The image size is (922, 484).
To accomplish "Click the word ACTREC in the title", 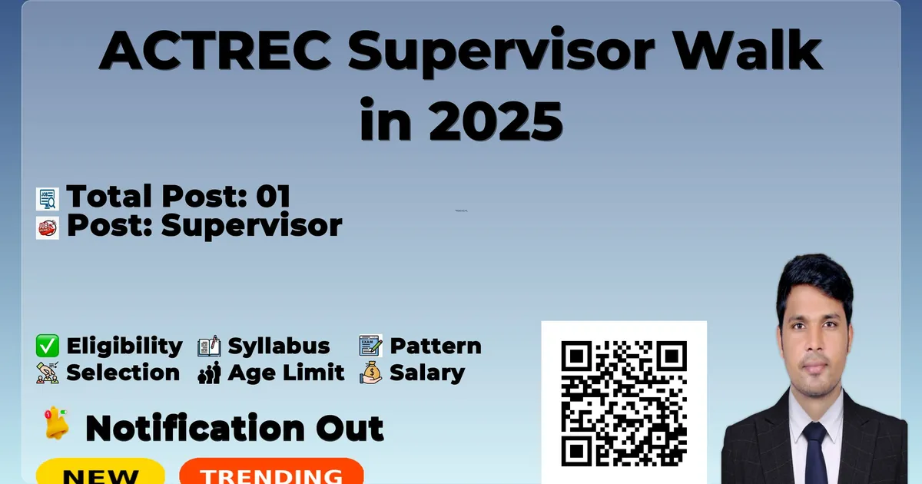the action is pos(215,50).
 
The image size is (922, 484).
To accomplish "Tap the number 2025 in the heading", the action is pos(496,121).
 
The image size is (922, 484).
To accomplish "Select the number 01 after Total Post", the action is pos(274,196).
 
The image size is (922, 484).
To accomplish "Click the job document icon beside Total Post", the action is pos(48,199).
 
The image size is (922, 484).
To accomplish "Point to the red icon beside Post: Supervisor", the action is pos(48,228).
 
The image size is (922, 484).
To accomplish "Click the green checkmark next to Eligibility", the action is pos(48,346).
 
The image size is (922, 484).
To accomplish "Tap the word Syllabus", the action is pos(279,346).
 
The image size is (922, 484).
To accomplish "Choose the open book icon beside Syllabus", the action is pos(209,346).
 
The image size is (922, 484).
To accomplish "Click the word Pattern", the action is pos(436,346).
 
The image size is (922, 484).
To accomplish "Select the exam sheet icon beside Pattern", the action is pos(370,346).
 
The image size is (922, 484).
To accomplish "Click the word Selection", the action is pos(123,373).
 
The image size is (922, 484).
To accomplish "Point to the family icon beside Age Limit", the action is pos(209,373).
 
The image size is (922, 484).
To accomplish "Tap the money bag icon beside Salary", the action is pos(370,373).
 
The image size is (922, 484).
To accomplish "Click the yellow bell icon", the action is pos(56,423).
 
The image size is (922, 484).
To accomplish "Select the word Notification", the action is pos(195,429).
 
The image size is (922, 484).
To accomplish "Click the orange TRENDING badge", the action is pos(272,471).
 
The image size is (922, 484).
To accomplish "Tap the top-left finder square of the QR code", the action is pos(576,356).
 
